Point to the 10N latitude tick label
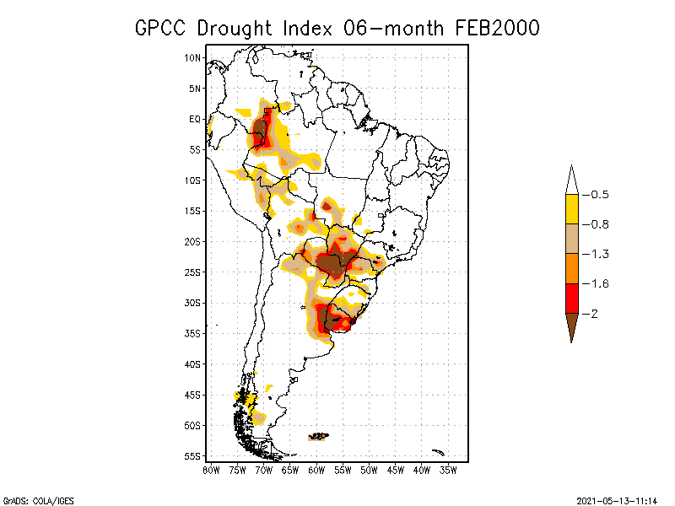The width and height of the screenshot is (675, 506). click(x=192, y=58)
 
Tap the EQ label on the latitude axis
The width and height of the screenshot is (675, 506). click(x=195, y=119)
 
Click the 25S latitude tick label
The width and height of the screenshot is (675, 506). click(x=192, y=272)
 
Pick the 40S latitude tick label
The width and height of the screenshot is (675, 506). click(x=192, y=364)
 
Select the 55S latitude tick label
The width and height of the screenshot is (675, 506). click(x=192, y=456)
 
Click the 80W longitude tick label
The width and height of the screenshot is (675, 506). click(x=211, y=470)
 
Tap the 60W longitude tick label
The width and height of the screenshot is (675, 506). click(x=316, y=470)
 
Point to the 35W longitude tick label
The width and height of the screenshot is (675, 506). click(x=448, y=470)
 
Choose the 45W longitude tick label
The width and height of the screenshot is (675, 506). click(x=396, y=470)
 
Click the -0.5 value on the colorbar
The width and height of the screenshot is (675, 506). click(x=599, y=195)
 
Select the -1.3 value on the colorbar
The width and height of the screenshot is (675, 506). click(x=599, y=254)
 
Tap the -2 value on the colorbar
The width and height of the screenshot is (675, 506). click(x=595, y=314)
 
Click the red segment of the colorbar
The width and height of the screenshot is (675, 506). click(x=571, y=299)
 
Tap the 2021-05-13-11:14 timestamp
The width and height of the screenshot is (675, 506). click(x=617, y=500)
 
